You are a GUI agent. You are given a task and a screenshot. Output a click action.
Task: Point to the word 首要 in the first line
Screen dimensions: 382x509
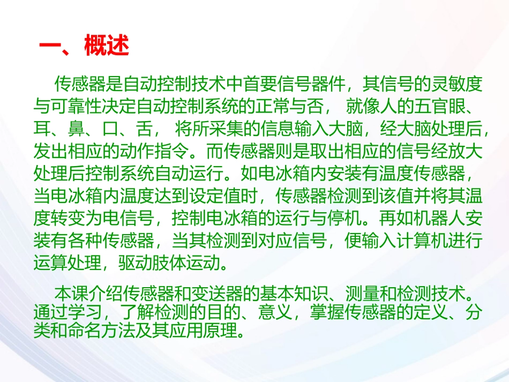tap(268, 84)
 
